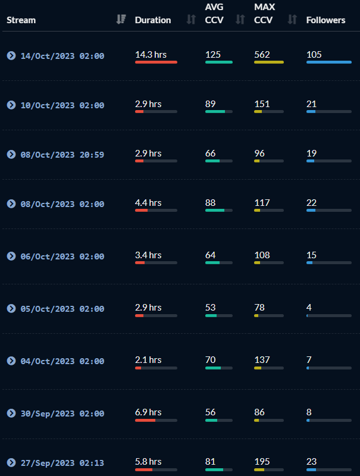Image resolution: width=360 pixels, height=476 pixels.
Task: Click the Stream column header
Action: click(x=21, y=20)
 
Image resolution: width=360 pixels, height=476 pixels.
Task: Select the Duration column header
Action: click(x=153, y=20)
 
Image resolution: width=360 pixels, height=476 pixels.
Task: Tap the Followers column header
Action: click(x=325, y=20)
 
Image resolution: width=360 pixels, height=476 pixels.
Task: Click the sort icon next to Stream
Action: click(x=121, y=20)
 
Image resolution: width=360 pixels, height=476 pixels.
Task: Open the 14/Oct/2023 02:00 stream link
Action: click(x=62, y=56)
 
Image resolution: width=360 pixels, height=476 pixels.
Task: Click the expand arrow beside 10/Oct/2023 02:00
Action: click(x=11, y=105)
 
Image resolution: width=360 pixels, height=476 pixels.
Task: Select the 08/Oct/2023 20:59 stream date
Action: click(x=62, y=155)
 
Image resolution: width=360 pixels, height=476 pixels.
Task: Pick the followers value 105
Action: click(x=314, y=55)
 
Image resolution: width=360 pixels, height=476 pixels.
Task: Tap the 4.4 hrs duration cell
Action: click(x=148, y=202)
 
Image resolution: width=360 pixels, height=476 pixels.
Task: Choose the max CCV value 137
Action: click(x=262, y=359)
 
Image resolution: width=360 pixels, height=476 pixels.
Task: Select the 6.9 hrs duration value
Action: click(x=148, y=412)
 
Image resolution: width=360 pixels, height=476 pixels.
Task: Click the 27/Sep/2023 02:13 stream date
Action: click(x=62, y=463)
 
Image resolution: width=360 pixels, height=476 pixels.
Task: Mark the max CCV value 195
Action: click(x=262, y=461)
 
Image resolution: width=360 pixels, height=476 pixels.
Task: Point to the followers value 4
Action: click(x=309, y=307)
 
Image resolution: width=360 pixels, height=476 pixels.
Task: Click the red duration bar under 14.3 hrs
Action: click(x=156, y=62)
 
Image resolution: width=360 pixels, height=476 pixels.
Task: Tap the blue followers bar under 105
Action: click(x=328, y=62)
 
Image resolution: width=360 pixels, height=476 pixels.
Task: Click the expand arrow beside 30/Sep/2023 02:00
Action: click(x=11, y=414)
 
